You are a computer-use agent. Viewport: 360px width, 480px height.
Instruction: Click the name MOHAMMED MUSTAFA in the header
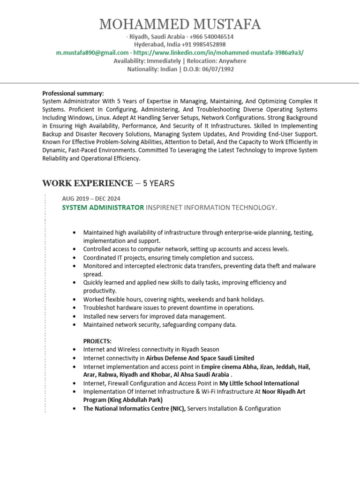[180, 24]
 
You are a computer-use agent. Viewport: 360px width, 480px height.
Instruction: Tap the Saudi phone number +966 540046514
[211, 37]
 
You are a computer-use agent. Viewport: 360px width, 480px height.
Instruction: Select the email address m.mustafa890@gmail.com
[92, 52]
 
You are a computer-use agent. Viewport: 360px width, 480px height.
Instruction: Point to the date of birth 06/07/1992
[217, 69]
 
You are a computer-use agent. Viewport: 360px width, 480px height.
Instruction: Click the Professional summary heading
[73, 93]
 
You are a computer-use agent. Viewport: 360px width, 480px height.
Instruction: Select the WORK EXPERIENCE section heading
[87, 183]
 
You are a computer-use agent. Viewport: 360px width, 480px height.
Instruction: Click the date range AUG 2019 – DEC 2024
[91, 199]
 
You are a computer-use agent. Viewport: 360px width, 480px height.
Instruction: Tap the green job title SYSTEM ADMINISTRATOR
[103, 207]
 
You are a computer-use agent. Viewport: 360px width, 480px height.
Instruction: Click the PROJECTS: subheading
[97, 341]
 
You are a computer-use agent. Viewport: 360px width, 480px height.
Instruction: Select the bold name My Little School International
[259, 383]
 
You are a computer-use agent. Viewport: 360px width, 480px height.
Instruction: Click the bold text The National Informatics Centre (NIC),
[135, 408]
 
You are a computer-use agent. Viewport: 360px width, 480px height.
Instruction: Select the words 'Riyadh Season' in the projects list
[199, 349]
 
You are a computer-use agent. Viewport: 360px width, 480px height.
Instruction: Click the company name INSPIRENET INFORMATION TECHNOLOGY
[211, 207]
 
